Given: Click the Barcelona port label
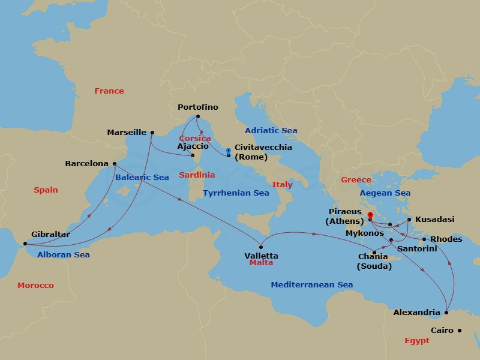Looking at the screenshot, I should [x=87, y=163].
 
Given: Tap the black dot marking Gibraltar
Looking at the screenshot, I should [x=25, y=244].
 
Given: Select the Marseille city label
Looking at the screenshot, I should [x=127, y=132].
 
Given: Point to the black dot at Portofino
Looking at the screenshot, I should [x=198, y=117].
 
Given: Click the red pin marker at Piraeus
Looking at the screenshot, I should [x=370, y=215].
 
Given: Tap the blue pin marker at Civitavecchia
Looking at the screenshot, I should [x=229, y=151].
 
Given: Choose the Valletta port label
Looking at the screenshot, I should [x=261, y=256].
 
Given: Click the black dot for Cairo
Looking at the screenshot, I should [x=460, y=330].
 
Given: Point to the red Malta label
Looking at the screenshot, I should [x=261, y=263].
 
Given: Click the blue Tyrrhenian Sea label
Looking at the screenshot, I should [x=236, y=193].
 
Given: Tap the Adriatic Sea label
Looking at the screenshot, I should [x=271, y=130].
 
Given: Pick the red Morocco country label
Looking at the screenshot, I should [x=35, y=286].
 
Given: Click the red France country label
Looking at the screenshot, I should [x=109, y=91].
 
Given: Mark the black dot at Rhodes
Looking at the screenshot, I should [x=424, y=239].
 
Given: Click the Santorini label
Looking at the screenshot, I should [x=417, y=248].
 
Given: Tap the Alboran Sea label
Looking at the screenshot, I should [x=64, y=254].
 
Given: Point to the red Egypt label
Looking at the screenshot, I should [x=417, y=340].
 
